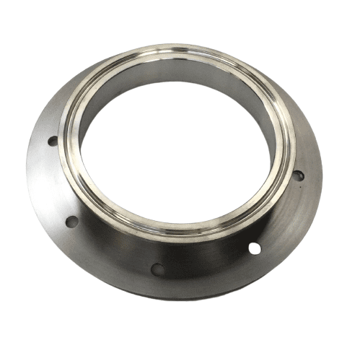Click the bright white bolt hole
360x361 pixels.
point(254,248)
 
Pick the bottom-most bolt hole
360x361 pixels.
point(157,269)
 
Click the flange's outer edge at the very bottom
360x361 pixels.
point(173,298)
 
